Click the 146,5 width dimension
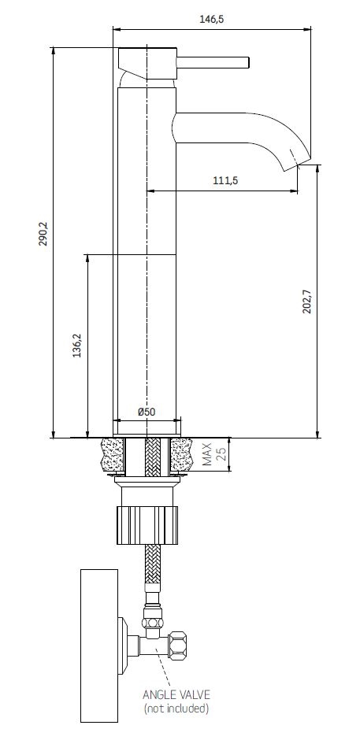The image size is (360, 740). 211,19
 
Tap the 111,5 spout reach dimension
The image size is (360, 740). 225,180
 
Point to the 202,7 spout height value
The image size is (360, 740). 307,301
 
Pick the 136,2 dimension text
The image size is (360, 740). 77,345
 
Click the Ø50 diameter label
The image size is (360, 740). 147,412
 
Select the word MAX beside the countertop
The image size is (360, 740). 208,453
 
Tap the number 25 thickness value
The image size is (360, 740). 222,454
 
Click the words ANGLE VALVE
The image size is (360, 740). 176,694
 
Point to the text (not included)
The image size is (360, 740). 176,709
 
